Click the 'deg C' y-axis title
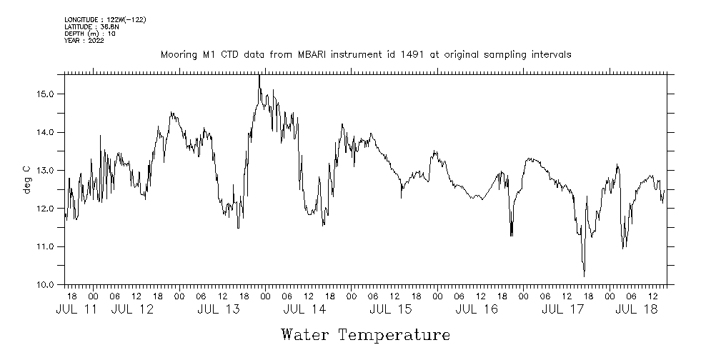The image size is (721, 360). point(26,179)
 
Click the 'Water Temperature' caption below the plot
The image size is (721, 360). point(366,334)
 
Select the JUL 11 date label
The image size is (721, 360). point(76,309)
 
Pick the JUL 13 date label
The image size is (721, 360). point(219,309)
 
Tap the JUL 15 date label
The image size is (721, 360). point(391,309)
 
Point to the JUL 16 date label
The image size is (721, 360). point(477,309)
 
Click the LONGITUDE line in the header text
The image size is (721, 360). point(105,19)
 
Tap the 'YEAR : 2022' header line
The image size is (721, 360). point(84,41)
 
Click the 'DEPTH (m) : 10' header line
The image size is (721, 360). point(90,34)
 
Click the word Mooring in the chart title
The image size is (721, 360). point(179,54)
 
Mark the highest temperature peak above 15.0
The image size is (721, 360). point(259,76)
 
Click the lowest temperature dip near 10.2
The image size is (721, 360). point(584,276)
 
